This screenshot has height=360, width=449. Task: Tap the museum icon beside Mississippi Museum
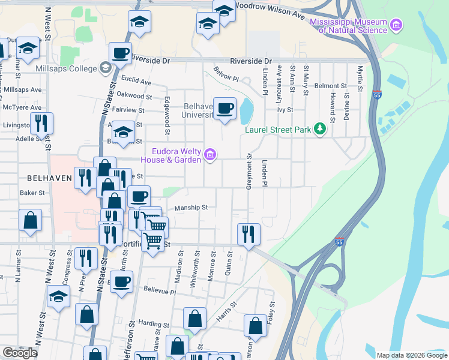[x=396, y=25]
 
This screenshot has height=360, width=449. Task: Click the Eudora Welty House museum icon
[x=209, y=155]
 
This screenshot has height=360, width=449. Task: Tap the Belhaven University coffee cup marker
[x=225, y=109]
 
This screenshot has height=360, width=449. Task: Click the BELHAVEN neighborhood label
[x=50, y=178]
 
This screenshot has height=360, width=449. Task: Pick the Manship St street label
[x=191, y=208]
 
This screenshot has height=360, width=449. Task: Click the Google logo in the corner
[x=20, y=353]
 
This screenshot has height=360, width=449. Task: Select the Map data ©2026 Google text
[x=412, y=355]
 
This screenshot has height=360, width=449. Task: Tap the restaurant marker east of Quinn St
[x=247, y=233]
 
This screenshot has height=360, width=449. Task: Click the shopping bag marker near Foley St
[x=255, y=326]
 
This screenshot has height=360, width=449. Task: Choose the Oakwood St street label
[x=134, y=95]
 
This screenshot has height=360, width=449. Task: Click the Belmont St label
[x=335, y=86]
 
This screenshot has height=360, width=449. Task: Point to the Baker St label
[x=32, y=193]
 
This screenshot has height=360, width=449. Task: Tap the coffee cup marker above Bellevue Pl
[x=122, y=281]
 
